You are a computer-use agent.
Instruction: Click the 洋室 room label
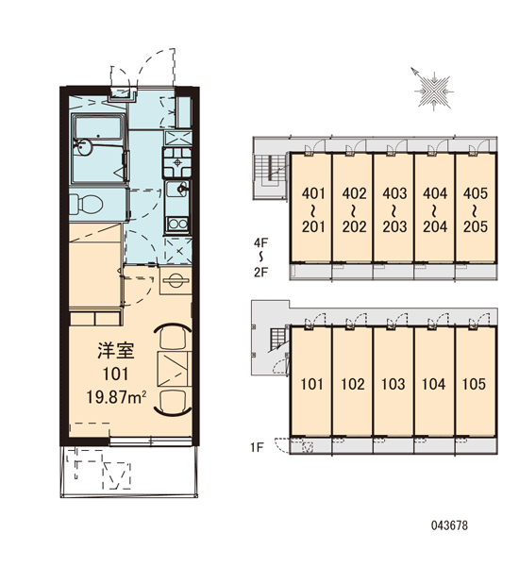pyautogui.click(x=115, y=351)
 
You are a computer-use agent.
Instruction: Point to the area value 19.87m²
pyautogui.click(x=116, y=397)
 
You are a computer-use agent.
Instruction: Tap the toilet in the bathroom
pyautogui.click(x=86, y=205)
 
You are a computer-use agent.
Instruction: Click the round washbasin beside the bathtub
pyautogui.click(x=84, y=147)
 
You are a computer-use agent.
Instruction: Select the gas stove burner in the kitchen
pyautogui.click(x=177, y=162)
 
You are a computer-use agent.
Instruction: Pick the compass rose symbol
pyautogui.click(x=433, y=91)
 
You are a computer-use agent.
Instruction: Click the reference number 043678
pyautogui.click(x=449, y=525)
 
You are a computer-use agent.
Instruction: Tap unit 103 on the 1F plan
pyautogui.click(x=393, y=384)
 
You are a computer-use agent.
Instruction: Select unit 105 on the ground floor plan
pyautogui.click(x=475, y=384)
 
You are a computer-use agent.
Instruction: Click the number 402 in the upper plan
pyautogui.click(x=354, y=193)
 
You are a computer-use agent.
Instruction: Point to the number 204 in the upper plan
pyautogui.click(x=435, y=226)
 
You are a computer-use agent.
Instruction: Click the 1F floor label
pyautogui.click(x=258, y=447)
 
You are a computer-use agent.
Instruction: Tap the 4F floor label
pyautogui.click(x=260, y=242)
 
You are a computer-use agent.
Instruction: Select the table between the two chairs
pyautogui.click(x=174, y=368)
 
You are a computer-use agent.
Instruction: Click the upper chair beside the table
pyautogui.click(x=173, y=337)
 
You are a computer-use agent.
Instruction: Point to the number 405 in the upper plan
pyautogui.click(x=476, y=193)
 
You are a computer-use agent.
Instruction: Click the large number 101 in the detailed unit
pyautogui.click(x=115, y=374)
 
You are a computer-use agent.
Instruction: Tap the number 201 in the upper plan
pyautogui.click(x=314, y=226)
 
